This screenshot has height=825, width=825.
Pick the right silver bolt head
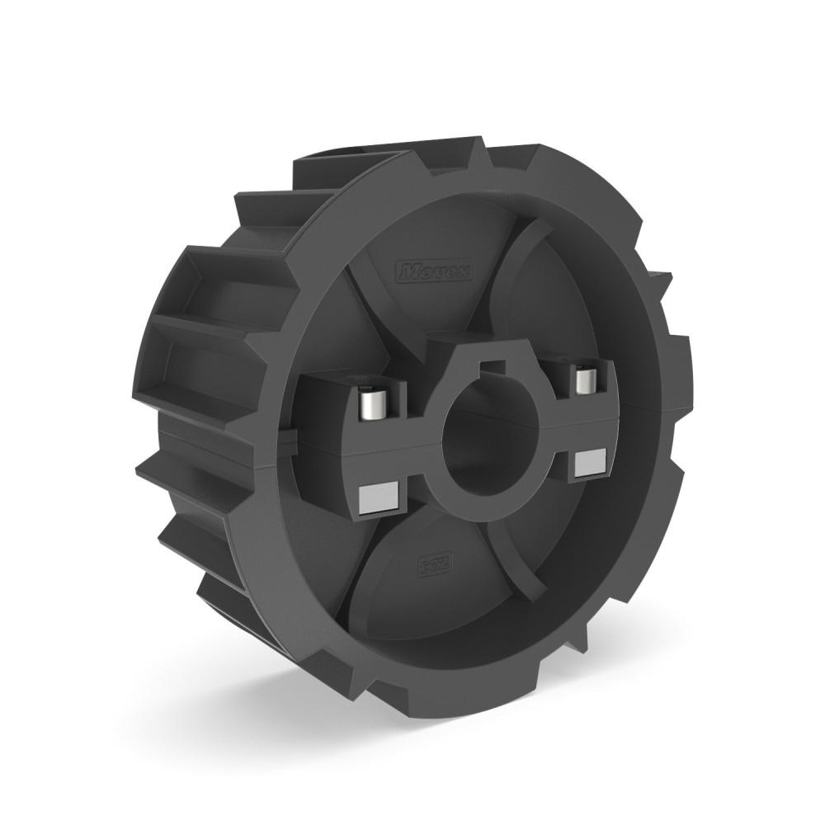585,379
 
